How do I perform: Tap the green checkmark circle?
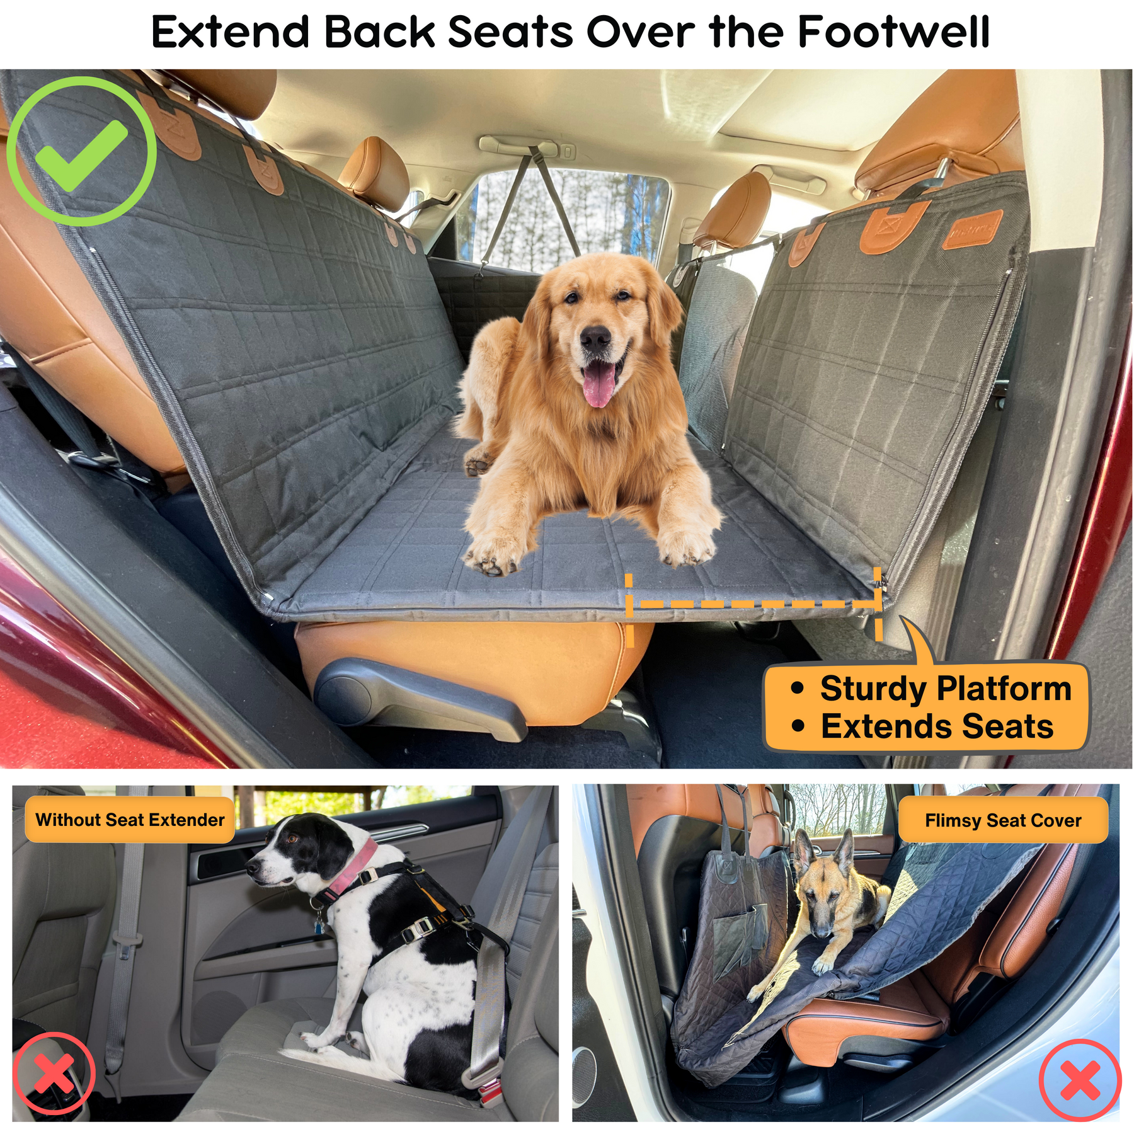pyautogui.click(x=81, y=151)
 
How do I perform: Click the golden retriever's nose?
pyautogui.click(x=595, y=341)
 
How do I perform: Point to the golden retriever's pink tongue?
pyautogui.click(x=598, y=385)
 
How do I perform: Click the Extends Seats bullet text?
pyautogui.click(x=937, y=726)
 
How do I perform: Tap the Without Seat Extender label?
pyautogui.click(x=130, y=820)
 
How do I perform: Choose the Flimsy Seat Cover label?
pyautogui.click(x=1003, y=820)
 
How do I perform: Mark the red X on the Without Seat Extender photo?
pyautogui.click(x=54, y=1073)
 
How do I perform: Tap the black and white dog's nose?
pyautogui.click(x=251, y=868)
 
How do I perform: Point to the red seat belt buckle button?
pyautogui.click(x=489, y=1096)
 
